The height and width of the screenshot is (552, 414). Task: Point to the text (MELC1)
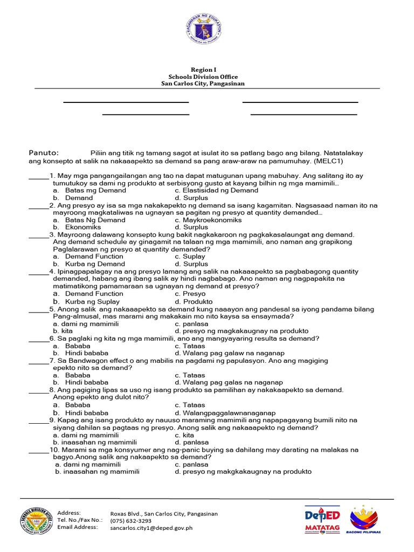pos(328,161)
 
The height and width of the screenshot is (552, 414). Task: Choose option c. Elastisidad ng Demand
pos(216,190)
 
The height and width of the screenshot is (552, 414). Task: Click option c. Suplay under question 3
pos(190,257)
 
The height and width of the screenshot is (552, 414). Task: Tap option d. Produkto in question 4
pos(194,302)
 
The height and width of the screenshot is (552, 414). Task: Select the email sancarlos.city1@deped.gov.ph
pos(151,528)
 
